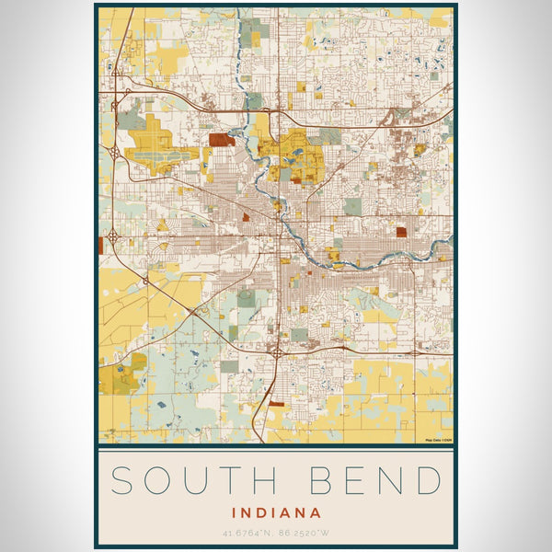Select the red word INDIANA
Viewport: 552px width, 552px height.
(276, 512)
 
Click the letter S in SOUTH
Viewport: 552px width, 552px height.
(123, 481)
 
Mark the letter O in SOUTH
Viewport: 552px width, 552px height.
(157, 481)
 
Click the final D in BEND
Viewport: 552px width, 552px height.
(428, 481)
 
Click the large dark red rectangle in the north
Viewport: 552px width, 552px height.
(220, 140)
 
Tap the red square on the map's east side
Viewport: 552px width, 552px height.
(401, 232)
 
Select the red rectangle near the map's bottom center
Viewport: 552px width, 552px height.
(276, 402)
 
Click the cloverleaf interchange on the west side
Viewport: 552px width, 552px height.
(113, 236)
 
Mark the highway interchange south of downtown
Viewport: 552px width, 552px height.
(277, 351)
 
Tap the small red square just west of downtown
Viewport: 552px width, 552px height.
(247, 217)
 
